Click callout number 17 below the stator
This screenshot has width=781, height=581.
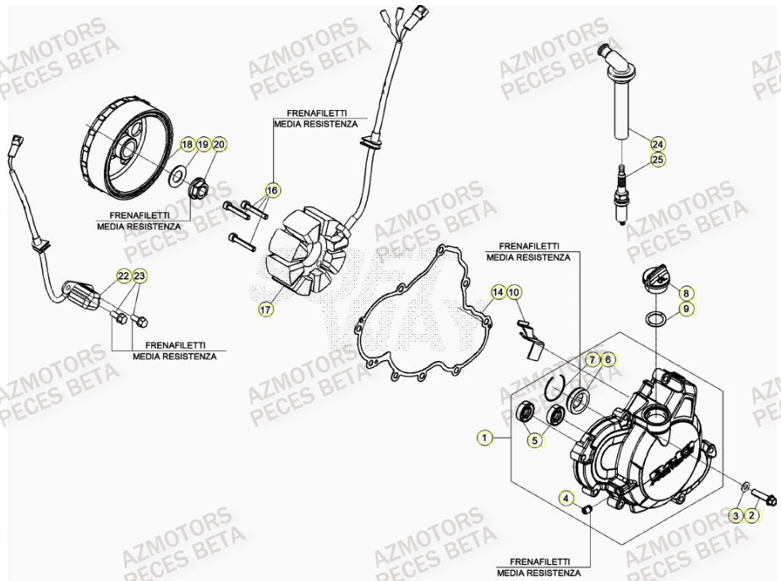(x=265, y=310)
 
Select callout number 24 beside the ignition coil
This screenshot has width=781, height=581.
(x=658, y=143)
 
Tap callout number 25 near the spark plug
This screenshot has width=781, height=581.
(x=658, y=159)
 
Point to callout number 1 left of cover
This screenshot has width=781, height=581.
(x=484, y=438)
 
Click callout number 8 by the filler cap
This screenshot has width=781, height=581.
(x=686, y=293)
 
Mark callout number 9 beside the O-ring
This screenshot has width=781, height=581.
(x=686, y=310)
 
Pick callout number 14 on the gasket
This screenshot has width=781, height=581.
(x=499, y=293)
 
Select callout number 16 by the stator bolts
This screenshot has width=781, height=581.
(x=271, y=190)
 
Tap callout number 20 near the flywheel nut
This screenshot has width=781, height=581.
(x=219, y=145)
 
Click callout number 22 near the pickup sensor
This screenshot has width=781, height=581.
(x=123, y=276)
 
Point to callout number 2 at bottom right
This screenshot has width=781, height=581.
(x=752, y=515)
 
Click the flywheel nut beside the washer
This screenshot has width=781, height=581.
(x=201, y=187)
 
